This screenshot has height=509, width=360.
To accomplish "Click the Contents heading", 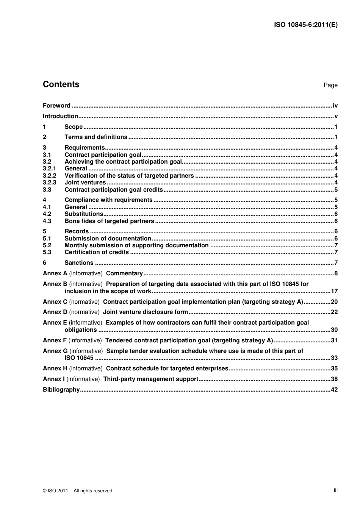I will click(x=61, y=84).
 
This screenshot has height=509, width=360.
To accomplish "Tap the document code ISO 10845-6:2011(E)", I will click(x=305, y=25).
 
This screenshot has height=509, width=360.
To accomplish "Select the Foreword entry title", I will click(x=56, y=106).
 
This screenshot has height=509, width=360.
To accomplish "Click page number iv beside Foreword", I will click(x=335, y=106).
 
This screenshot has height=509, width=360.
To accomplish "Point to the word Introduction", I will click(x=60, y=116).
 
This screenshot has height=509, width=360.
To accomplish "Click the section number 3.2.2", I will click(x=49, y=176).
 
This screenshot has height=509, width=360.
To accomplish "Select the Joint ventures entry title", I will click(x=85, y=183).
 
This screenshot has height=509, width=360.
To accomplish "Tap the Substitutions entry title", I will click(x=84, y=214).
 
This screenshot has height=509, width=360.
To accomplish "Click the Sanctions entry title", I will click(x=79, y=263).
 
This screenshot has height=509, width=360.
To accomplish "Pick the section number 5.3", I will click(x=47, y=252).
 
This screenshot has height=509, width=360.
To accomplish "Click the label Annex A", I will click(x=55, y=273).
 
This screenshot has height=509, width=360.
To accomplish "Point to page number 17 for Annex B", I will click(x=334, y=291).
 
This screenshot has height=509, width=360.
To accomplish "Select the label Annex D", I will click(x=55, y=312).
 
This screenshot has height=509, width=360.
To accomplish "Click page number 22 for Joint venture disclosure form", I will click(x=334, y=312).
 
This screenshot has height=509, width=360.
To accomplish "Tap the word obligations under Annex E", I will click(x=81, y=330).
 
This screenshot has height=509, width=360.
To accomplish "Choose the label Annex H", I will click(x=55, y=368).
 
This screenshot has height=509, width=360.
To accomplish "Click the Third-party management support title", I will click(x=151, y=379).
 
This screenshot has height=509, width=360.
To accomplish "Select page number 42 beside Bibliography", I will click(x=334, y=390).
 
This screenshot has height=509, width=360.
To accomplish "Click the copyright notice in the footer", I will click(x=78, y=491).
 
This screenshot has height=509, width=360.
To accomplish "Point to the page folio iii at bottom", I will click(x=335, y=490).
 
